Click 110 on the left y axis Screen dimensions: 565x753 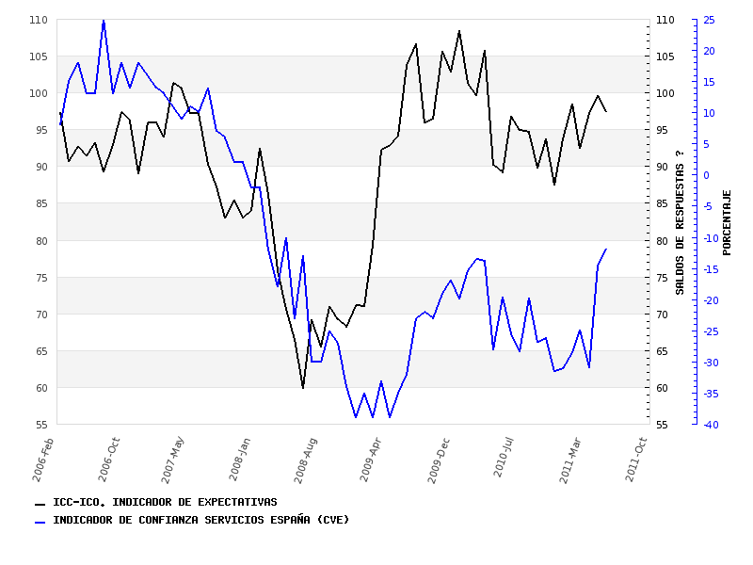coord(38,20)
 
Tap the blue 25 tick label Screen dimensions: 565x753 coord(709,20)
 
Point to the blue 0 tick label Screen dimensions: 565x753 coord(706,175)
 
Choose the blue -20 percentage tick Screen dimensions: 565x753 coord(711,300)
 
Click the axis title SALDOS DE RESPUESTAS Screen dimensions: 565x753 coord(680,221)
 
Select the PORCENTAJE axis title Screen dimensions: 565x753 coord(727,221)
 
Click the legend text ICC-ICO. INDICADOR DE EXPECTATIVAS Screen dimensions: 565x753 coord(165,502)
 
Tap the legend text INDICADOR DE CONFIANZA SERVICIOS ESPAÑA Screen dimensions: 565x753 coord(200,520)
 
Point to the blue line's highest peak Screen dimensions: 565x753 coord(104,20)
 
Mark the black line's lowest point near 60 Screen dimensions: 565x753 coord(303,387)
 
